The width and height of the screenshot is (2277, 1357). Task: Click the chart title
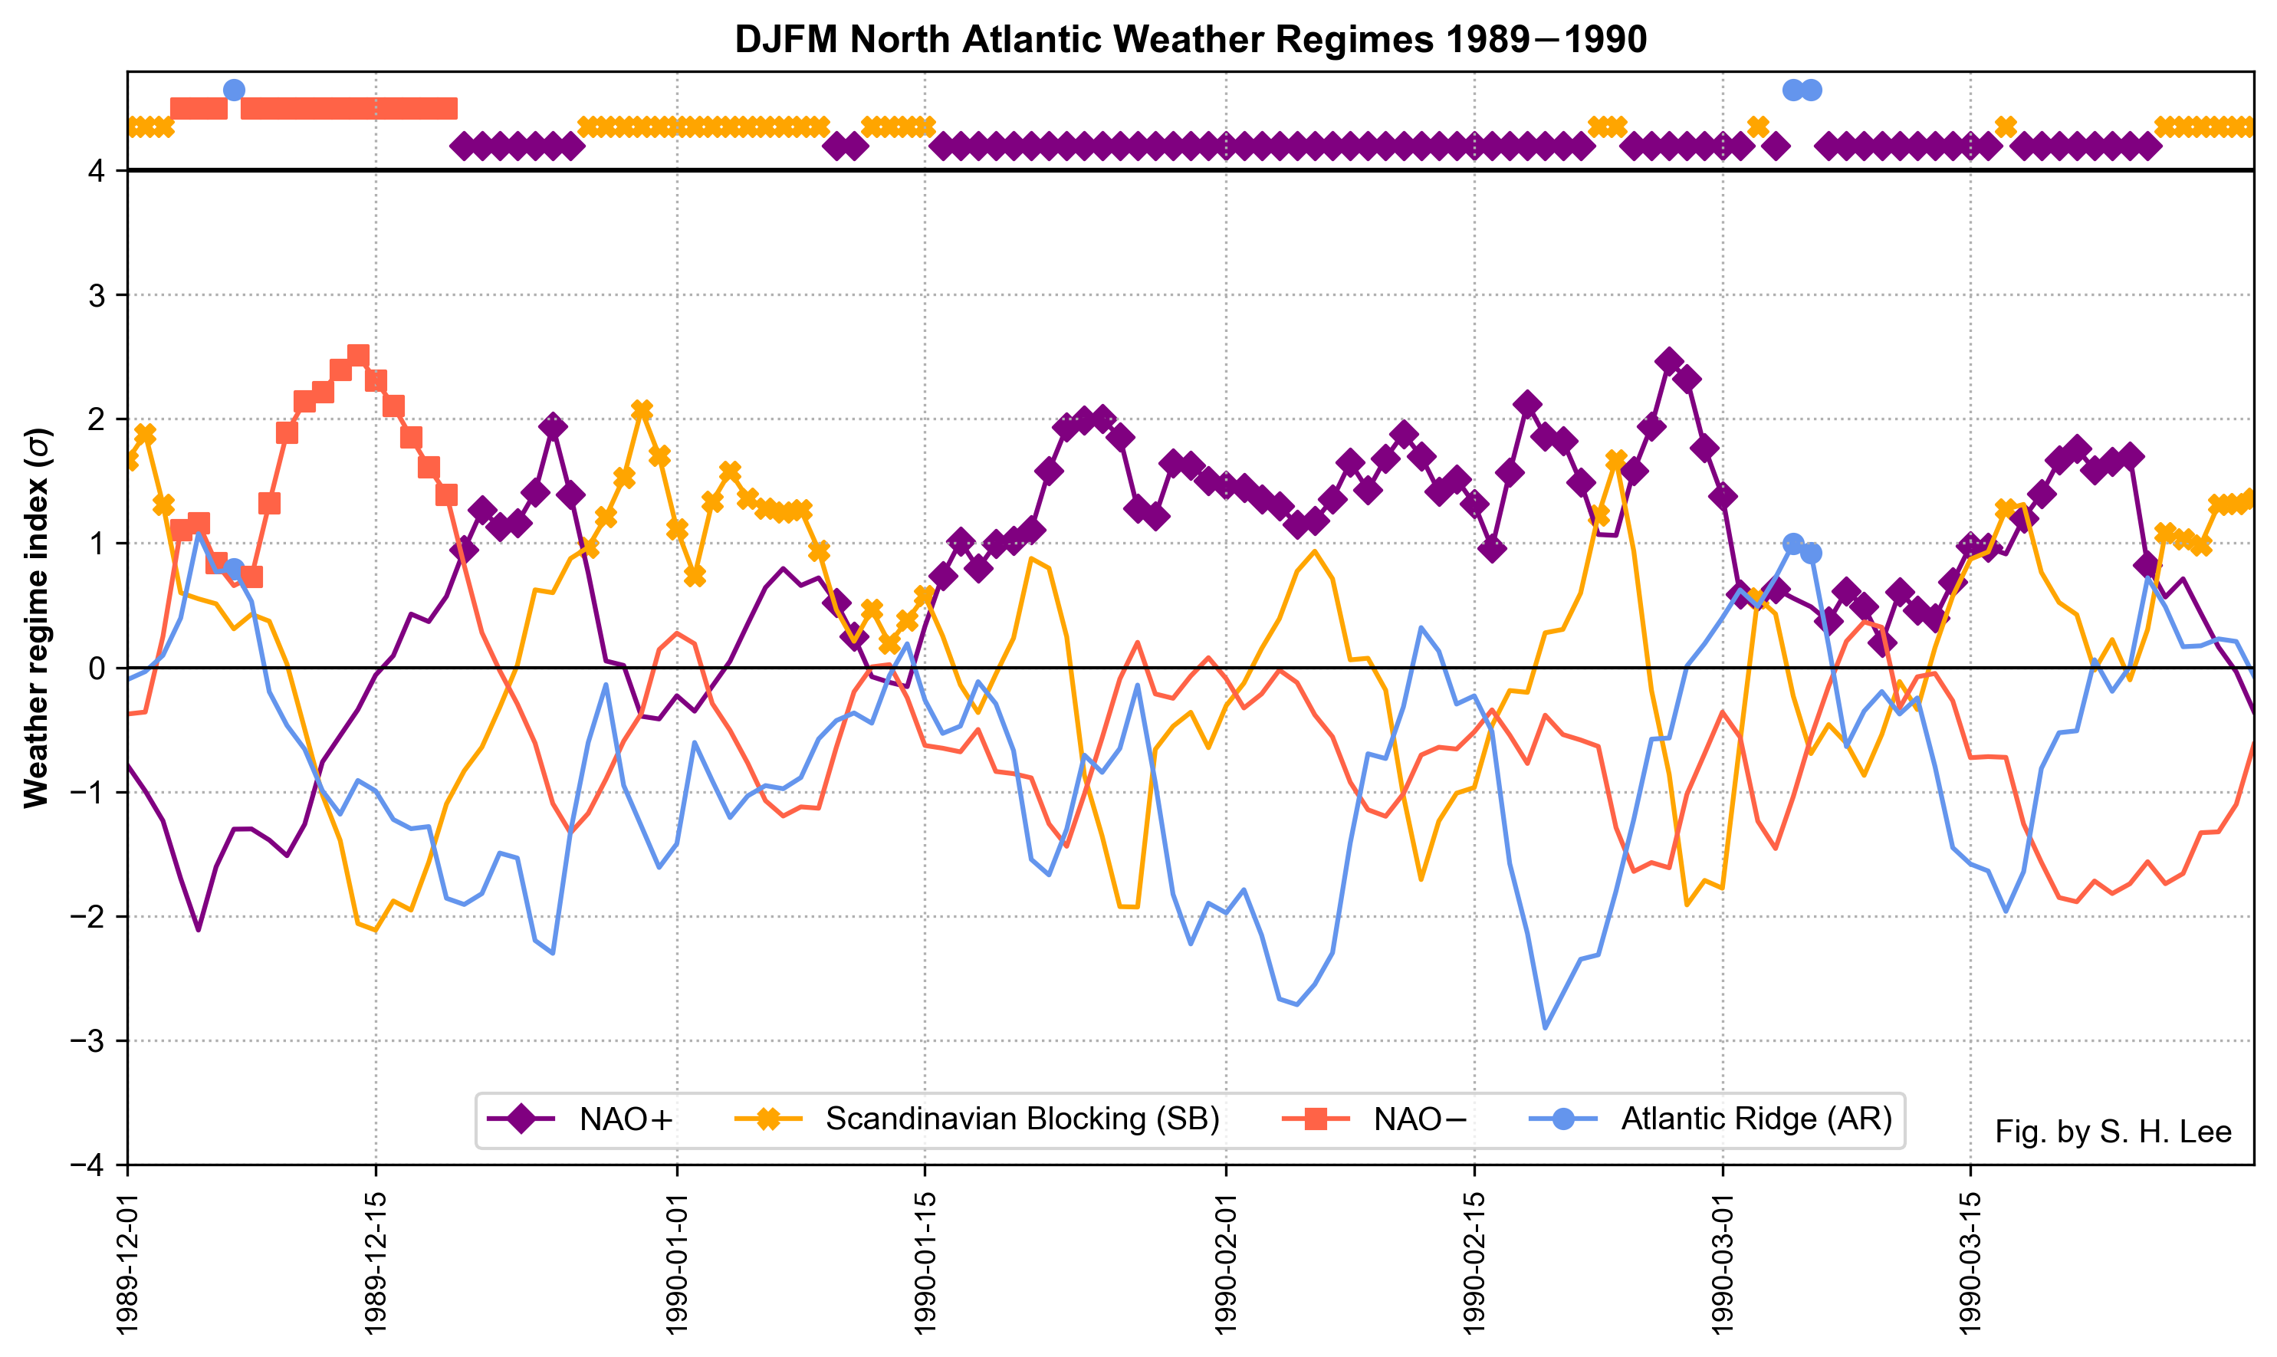1190,40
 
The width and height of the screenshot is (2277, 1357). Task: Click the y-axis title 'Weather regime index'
37,618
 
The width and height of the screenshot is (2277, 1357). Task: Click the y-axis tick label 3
96,295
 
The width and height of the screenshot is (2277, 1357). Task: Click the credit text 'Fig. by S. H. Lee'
2112,1132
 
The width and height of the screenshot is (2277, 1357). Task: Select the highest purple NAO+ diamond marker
1669,361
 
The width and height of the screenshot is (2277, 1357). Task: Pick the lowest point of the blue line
1546,1029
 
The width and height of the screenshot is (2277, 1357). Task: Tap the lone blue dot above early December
234,90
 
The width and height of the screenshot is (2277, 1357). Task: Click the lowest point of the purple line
199,930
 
